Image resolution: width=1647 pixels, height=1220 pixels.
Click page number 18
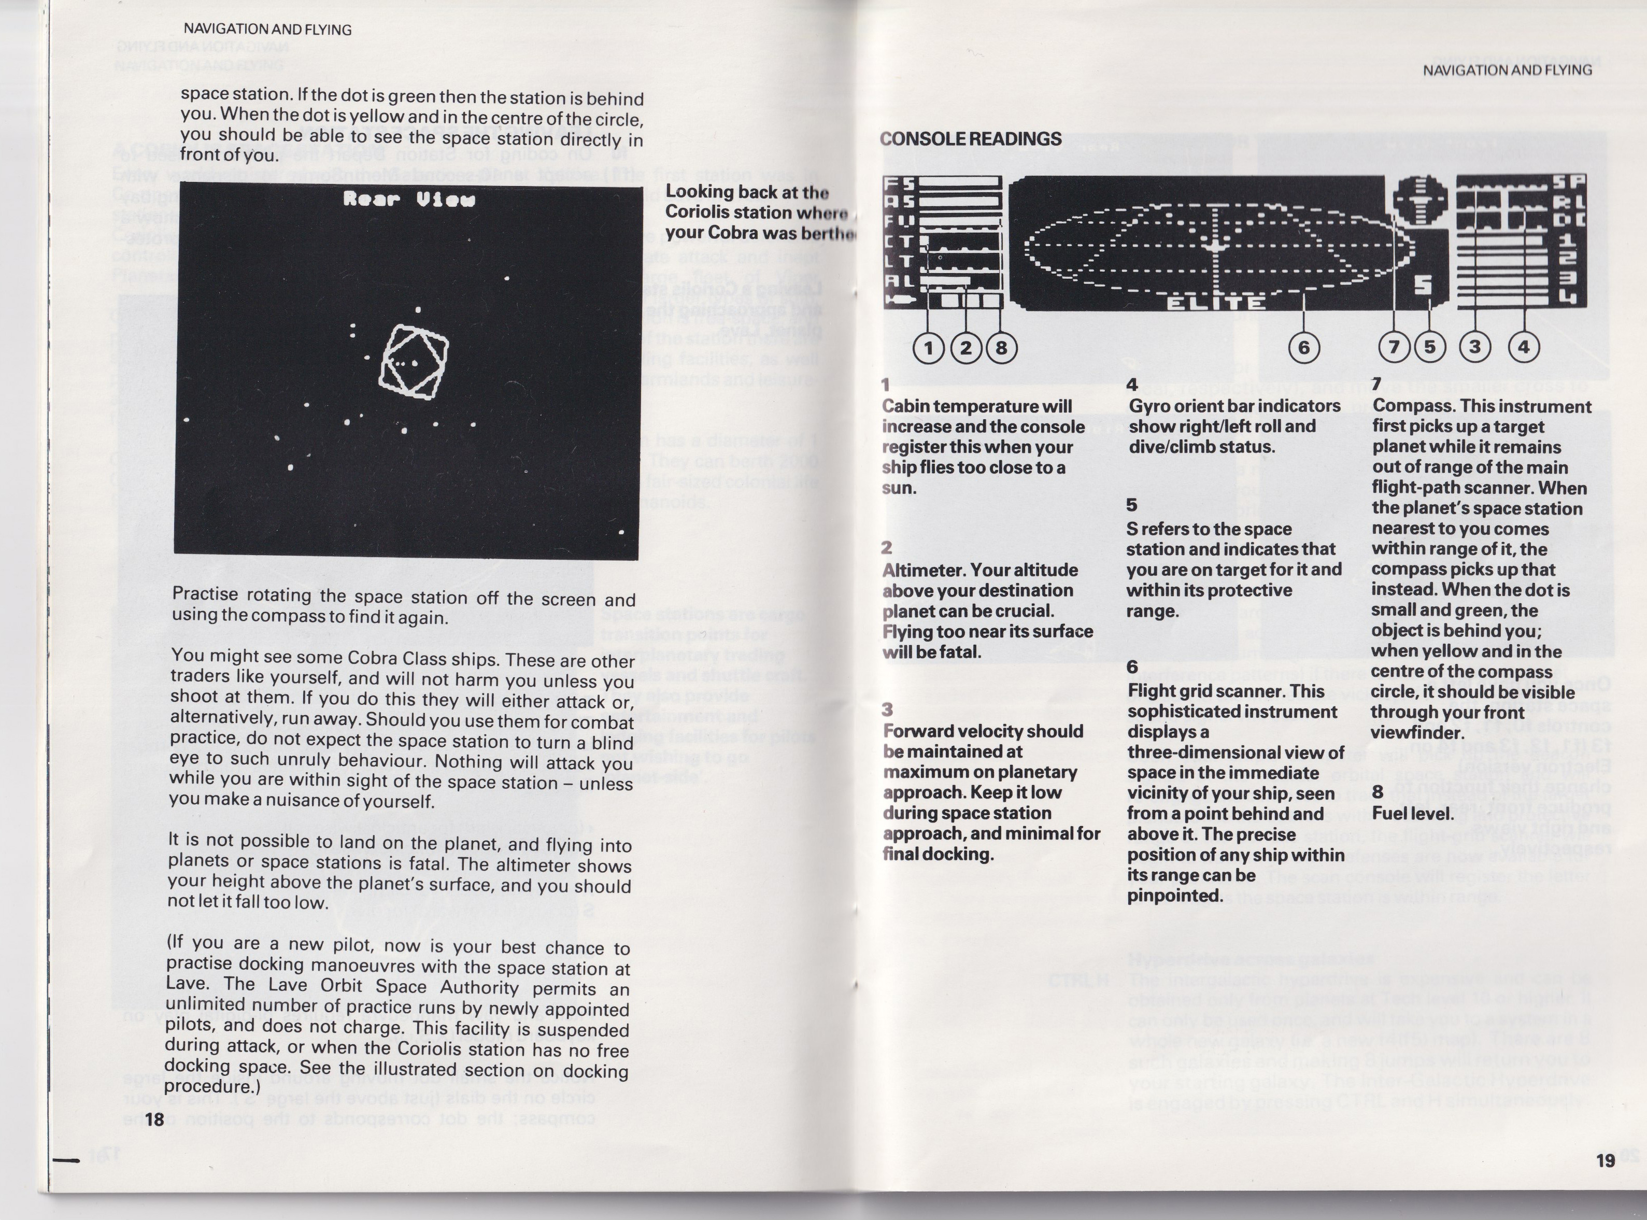154,1119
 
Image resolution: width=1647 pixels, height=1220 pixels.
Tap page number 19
1605,1160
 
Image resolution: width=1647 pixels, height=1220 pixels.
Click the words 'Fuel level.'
1413,813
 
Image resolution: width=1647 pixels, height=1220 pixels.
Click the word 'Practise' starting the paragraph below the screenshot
205,594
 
